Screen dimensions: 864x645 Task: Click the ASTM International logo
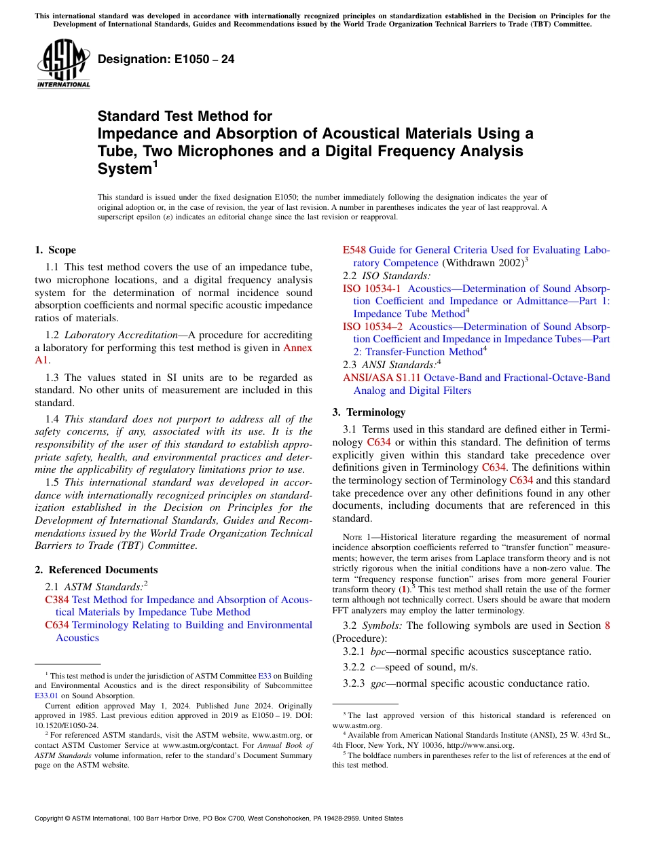(x=63, y=64)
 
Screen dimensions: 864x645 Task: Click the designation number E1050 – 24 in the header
(x=166, y=59)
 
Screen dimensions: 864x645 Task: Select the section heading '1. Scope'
(x=56, y=250)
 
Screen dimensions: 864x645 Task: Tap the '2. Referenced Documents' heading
(x=96, y=570)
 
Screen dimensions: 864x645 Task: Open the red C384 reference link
(x=57, y=600)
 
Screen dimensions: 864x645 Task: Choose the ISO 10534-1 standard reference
(x=371, y=289)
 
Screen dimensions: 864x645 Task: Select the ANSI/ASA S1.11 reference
(x=381, y=378)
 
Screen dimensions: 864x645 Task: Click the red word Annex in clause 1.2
(x=297, y=348)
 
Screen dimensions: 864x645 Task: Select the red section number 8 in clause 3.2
(x=607, y=626)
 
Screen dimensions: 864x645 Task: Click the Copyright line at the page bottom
(x=219, y=818)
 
